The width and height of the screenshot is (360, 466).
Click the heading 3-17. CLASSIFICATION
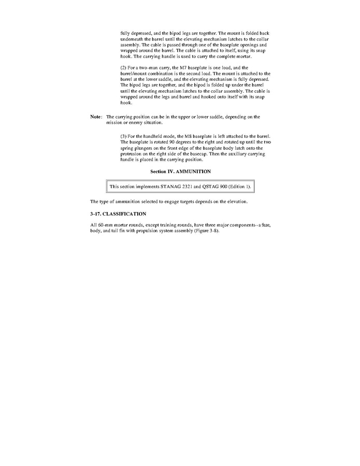pos(118,214)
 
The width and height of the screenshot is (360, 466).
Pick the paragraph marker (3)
pos(124,136)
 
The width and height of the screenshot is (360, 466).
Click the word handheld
pos(152,136)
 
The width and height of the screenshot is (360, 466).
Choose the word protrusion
pos(132,154)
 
